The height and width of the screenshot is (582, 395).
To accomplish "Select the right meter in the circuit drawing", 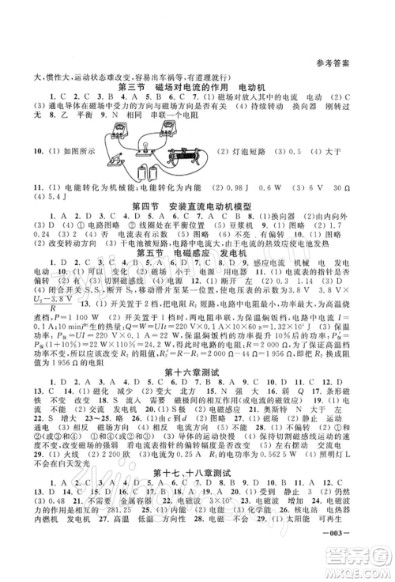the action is [x=170, y=125].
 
